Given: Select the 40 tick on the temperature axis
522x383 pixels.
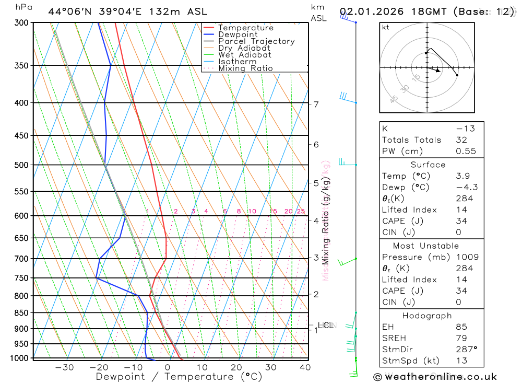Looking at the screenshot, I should pyautogui.click(x=305, y=367).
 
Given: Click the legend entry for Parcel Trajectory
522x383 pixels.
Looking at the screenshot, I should pyautogui.click(x=256, y=41).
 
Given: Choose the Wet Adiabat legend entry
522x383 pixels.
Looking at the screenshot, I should pyautogui.click(x=245, y=55).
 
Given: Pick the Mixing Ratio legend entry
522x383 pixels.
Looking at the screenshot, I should pyautogui.click(x=245, y=68).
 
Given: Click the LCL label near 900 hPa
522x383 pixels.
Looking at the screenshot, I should pyautogui.click(x=325, y=326).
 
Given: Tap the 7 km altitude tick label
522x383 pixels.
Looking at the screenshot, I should pyautogui.click(x=316, y=104).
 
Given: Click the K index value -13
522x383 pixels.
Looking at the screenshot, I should pyautogui.click(x=463, y=129).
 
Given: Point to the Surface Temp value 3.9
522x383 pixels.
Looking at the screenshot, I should pyautogui.click(x=462, y=176).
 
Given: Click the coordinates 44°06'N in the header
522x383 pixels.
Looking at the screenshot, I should pyautogui.click(x=66, y=11).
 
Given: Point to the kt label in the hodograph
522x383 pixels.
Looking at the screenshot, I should pyautogui.click(x=386, y=28).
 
